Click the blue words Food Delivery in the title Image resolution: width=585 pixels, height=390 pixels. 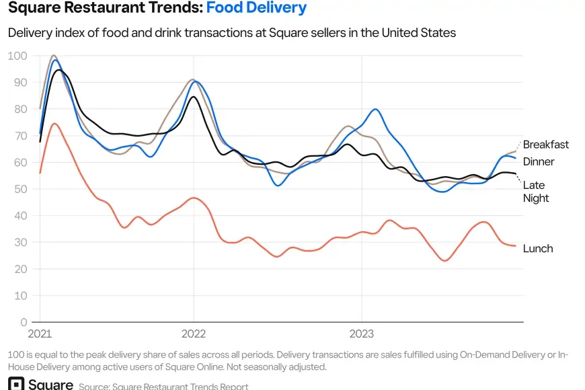pos(256,9)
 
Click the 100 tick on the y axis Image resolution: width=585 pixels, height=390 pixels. pos(17,56)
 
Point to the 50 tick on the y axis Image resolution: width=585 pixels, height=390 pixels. pos(20,189)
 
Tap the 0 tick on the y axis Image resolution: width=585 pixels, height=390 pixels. pos(24,322)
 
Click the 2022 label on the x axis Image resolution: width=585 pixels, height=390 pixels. pos(194,334)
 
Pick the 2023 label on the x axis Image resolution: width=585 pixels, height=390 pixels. pos(361,334)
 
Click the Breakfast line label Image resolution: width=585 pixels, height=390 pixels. pos(545,145)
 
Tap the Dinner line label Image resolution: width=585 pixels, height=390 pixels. pos(539,162)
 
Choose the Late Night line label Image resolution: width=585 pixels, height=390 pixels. pos(535,192)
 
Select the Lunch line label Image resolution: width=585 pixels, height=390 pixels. pos(538,249)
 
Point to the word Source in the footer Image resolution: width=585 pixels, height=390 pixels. pos(94,387)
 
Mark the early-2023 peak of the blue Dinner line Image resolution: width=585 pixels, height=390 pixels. pos(375,109)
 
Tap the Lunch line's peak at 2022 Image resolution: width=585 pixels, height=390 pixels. pos(194,198)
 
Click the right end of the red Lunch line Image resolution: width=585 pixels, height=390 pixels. pos(516,246)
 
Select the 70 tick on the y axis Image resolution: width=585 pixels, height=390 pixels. pos(20,136)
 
